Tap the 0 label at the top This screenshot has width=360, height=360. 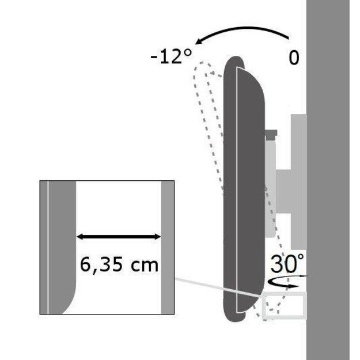click(294, 59)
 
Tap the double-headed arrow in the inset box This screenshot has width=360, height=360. click(119, 236)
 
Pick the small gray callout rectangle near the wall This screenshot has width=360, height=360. click(285, 306)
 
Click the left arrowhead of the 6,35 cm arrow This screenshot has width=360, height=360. click(80, 236)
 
